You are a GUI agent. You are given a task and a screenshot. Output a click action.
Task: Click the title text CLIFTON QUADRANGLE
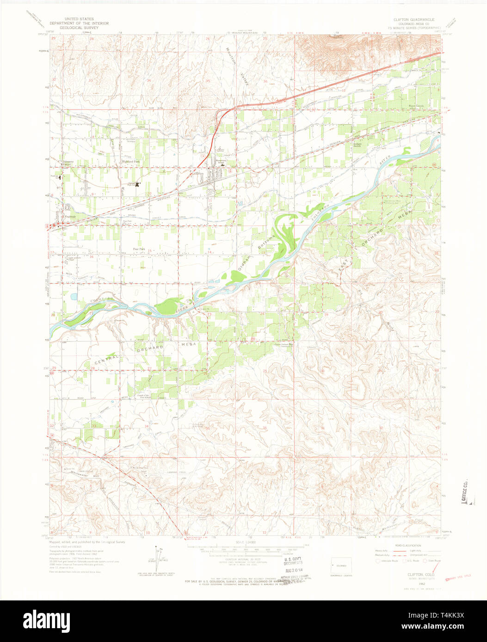(414, 20)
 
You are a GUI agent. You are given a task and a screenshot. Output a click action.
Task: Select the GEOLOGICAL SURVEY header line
(79, 27)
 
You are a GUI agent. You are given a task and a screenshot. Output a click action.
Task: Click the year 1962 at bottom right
(408, 583)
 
